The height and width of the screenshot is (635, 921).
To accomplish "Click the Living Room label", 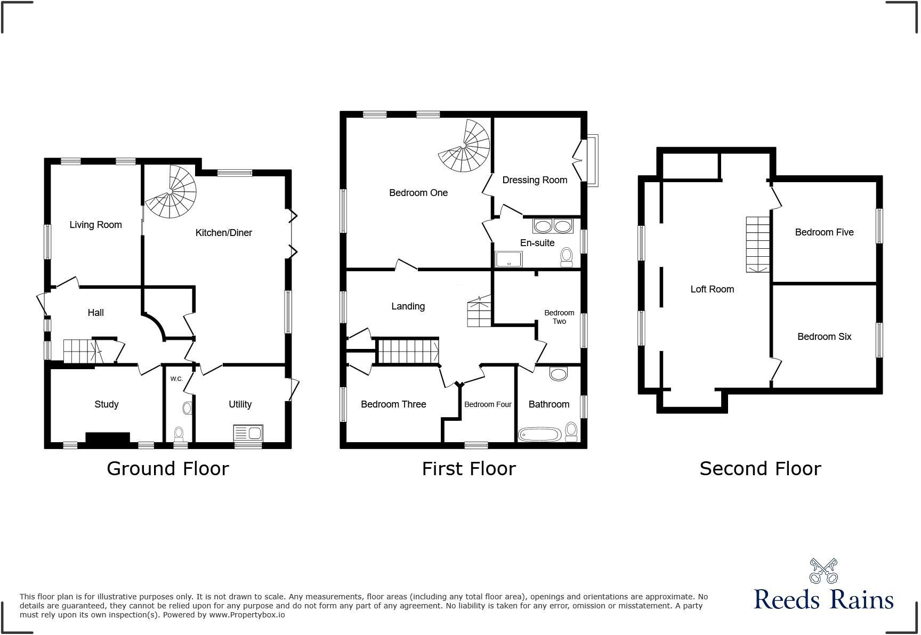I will tap(95, 225).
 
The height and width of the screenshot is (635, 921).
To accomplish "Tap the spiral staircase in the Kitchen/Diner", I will tap(172, 192).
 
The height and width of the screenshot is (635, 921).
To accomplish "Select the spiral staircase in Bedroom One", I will tap(465, 146).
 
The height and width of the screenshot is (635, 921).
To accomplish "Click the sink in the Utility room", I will tap(248, 433).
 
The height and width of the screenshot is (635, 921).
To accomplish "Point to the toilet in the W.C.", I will tap(179, 433).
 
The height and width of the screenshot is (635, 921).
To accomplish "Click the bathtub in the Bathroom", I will tap(539, 435).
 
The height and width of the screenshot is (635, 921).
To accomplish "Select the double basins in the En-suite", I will tap(553, 226).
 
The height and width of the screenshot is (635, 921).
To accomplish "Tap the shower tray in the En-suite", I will tap(508, 259).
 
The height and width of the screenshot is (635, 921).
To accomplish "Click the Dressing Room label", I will tap(534, 180).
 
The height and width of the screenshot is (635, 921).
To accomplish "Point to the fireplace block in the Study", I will tap(107, 437).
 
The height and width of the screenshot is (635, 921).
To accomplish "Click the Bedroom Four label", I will tap(488, 404).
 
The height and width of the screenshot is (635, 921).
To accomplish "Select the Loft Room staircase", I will tap(758, 245).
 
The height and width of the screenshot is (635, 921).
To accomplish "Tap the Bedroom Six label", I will tap(824, 337).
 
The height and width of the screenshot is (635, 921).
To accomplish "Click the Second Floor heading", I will tap(760, 469).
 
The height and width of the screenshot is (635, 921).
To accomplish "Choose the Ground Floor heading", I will tap(168, 469).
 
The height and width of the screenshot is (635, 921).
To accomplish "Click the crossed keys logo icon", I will tap(823, 571).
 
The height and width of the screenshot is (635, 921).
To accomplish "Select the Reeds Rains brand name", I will tap(823, 600).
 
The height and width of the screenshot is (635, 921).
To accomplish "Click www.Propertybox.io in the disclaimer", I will tap(246, 615).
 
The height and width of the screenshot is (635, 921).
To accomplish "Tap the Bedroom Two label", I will tap(559, 317).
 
